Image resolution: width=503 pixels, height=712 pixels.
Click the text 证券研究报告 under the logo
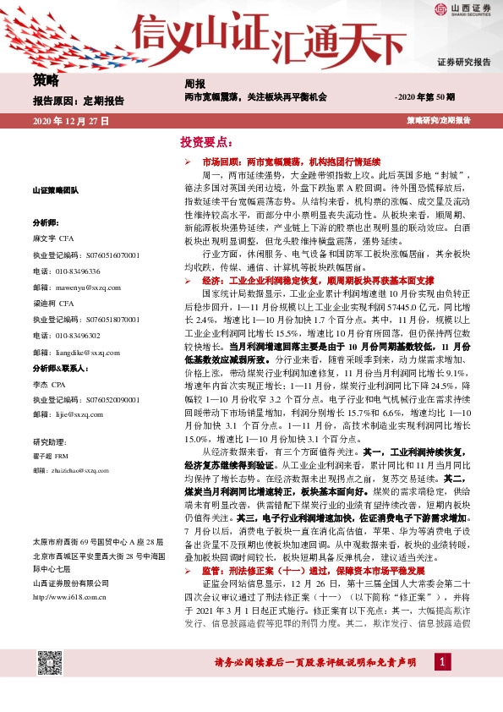(463, 62)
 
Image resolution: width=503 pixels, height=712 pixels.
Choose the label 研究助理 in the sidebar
(46, 441)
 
